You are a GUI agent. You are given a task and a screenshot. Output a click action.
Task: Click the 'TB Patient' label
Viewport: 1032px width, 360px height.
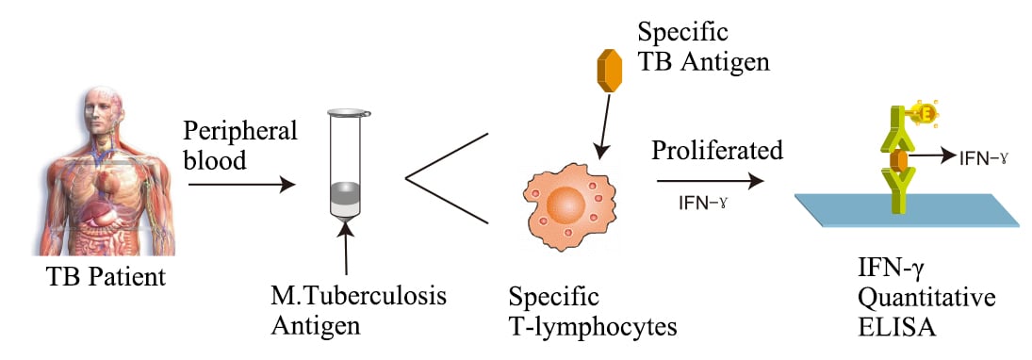(106, 276)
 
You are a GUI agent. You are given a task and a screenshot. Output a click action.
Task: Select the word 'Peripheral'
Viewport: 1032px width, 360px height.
(240, 132)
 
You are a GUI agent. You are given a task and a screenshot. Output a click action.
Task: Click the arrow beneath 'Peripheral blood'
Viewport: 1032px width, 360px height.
(241, 185)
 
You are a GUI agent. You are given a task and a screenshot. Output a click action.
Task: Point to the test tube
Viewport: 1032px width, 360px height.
(345, 167)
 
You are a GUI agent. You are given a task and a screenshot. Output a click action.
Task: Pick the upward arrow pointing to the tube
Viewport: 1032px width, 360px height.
(346, 249)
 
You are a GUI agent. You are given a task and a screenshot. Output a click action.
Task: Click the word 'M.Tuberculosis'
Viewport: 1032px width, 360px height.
(359, 296)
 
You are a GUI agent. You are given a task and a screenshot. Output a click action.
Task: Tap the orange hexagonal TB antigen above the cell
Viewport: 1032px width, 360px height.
(610, 71)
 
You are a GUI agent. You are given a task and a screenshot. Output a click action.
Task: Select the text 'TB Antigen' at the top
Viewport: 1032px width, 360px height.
(703, 62)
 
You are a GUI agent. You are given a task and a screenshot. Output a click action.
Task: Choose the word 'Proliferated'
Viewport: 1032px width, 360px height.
(717, 151)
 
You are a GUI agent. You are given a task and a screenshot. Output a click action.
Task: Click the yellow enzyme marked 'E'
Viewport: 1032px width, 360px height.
(924, 115)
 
